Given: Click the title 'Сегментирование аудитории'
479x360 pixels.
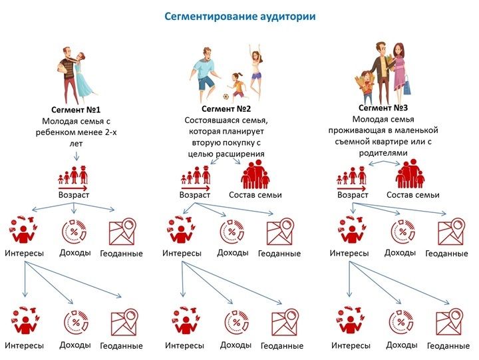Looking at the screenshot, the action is point(239,17).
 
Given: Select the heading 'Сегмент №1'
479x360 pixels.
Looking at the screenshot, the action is point(76,110).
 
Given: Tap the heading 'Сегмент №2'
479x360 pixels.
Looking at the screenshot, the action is point(226,108).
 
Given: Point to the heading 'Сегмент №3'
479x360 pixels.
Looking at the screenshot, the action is point(383,108).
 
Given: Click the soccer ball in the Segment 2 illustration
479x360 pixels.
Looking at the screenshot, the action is point(226,96).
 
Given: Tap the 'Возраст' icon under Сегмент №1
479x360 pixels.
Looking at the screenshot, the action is point(73,178).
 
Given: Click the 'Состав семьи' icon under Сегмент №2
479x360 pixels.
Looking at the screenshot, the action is point(255,174).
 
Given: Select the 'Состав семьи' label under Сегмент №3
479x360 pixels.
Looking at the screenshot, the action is point(413,195).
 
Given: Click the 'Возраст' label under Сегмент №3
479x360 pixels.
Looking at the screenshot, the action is point(353,195).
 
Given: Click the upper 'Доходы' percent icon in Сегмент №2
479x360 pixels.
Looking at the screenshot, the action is point(232,232).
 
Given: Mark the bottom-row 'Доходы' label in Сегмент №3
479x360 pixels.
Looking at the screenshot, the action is point(401,345).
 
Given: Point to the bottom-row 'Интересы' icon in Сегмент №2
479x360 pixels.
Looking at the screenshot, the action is point(185,320).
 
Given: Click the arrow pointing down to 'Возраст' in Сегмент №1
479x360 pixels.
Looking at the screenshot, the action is point(77,156).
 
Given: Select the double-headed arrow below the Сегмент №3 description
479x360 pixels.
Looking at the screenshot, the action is point(384,164).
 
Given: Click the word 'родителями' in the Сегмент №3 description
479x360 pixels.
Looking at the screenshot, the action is point(383,153).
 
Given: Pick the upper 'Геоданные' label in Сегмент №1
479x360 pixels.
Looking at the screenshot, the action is point(121,254).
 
